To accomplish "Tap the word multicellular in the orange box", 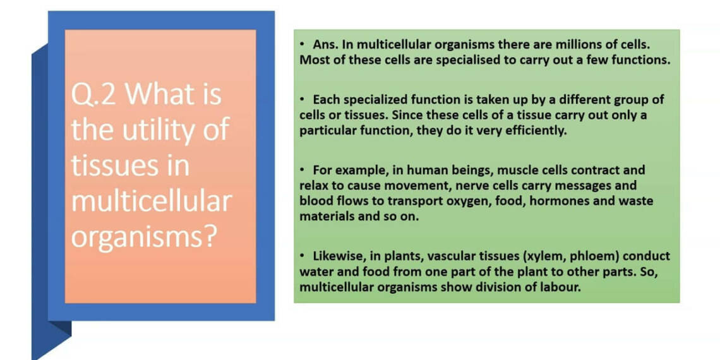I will [x=151, y=201].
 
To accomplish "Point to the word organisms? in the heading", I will [x=144, y=237].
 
